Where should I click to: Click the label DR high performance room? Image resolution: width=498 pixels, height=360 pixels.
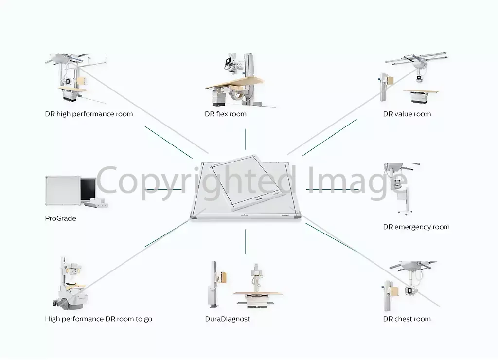pos(89,114)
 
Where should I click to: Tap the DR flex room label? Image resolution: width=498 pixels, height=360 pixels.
pos(226,114)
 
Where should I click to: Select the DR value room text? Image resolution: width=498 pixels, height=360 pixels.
pos(407,114)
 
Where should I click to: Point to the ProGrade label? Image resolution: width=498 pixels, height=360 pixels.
pos(60,218)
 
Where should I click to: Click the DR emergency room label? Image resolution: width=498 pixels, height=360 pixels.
pos(416,227)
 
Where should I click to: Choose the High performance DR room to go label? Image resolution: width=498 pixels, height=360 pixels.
pos(98,319)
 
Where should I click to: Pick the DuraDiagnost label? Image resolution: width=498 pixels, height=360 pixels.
pos(228,319)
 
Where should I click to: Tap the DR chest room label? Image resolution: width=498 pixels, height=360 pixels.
pos(407,319)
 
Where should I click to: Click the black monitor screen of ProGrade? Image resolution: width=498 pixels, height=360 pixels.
pos(88,189)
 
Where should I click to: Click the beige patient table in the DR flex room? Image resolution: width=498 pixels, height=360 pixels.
pos(234,83)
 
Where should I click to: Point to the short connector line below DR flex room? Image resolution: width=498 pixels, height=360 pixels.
pos(246,139)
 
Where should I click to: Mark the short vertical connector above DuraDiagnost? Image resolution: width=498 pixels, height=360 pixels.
pos(246,242)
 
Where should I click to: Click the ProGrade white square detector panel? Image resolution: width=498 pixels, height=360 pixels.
pos(63,191)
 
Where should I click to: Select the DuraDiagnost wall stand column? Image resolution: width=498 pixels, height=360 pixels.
pos(213,285)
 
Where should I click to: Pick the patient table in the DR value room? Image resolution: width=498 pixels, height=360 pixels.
pos(421,96)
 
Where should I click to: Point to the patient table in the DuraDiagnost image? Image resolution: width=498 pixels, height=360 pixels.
pos(257,298)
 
